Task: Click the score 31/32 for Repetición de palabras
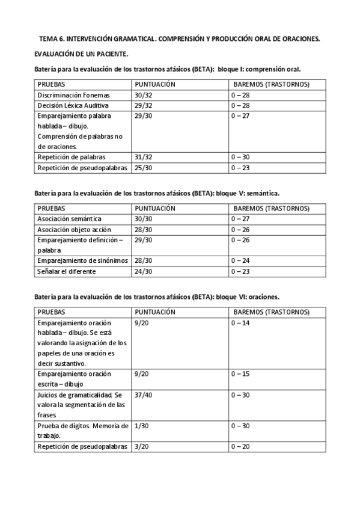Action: point(144,157)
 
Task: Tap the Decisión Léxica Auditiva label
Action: point(68,105)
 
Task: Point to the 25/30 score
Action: point(144,168)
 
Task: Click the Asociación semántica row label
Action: point(69,218)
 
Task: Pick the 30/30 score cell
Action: point(144,218)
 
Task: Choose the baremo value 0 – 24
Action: point(241,260)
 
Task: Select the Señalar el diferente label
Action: point(63,271)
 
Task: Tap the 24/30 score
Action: point(144,271)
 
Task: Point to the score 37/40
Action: point(144,395)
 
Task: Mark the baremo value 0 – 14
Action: point(241,323)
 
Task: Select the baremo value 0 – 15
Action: point(241,373)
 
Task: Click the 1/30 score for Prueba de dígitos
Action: point(142,426)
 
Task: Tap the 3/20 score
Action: point(142,446)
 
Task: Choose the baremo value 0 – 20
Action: point(241,446)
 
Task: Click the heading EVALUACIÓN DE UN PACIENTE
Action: point(81,54)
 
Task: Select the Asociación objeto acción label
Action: point(73,229)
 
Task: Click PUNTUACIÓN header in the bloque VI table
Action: point(155,312)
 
